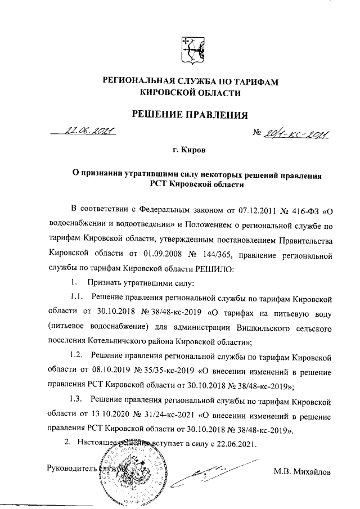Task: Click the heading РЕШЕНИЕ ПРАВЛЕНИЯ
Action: click(x=190, y=116)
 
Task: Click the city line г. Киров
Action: click(x=190, y=151)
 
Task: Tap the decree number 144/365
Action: click(x=205, y=256)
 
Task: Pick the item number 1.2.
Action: click(x=76, y=355)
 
